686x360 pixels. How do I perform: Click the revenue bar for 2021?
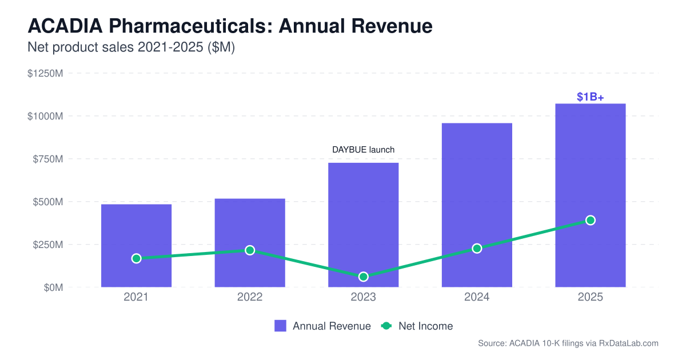pos(136,229)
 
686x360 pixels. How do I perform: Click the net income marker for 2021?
pos(136,258)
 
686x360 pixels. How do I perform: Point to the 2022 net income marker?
pos(250,250)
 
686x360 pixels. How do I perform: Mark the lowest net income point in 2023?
pos(363,277)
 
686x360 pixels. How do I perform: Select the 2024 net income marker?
pos(477,249)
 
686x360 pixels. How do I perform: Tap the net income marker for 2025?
pos(591,221)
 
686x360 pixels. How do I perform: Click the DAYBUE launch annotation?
pos(364,150)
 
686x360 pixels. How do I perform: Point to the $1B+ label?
pos(590,97)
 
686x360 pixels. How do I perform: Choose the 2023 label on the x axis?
pos(363,298)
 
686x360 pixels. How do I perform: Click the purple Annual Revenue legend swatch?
pos(280,326)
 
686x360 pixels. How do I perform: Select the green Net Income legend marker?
pos(386,326)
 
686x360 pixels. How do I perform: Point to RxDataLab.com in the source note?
pos(629,343)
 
